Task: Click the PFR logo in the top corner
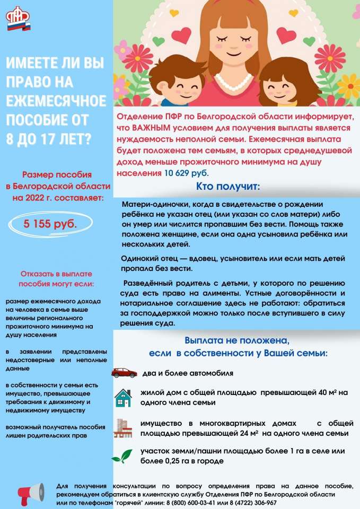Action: click(x=18, y=19)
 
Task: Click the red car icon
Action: click(x=124, y=373)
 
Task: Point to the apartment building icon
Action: click(x=123, y=427)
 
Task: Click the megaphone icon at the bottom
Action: click(x=32, y=493)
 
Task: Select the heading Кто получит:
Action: click(x=228, y=186)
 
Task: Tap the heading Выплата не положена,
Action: click(x=236, y=340)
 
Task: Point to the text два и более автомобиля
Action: click(x=188, y=373)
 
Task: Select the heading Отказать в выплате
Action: click(x=56, y=274)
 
